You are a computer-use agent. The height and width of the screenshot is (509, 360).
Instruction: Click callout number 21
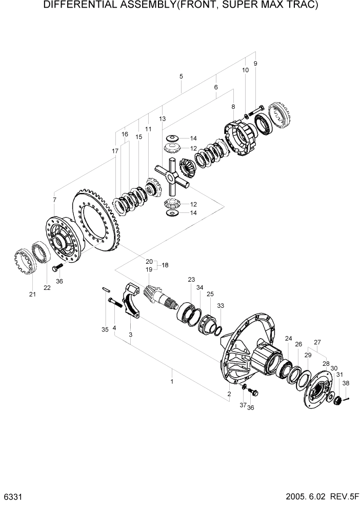pos(33,294)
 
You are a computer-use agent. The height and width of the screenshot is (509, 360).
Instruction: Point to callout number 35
pos(105,329)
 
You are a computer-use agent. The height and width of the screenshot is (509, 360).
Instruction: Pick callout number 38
pos(346,383)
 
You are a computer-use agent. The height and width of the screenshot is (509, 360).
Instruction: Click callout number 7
pos(55,199)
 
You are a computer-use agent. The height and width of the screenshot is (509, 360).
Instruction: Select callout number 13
pos(163,119)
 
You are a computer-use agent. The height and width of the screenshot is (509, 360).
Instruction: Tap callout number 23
pos(191,280)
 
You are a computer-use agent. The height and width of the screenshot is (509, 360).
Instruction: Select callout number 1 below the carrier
pos(172,381)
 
